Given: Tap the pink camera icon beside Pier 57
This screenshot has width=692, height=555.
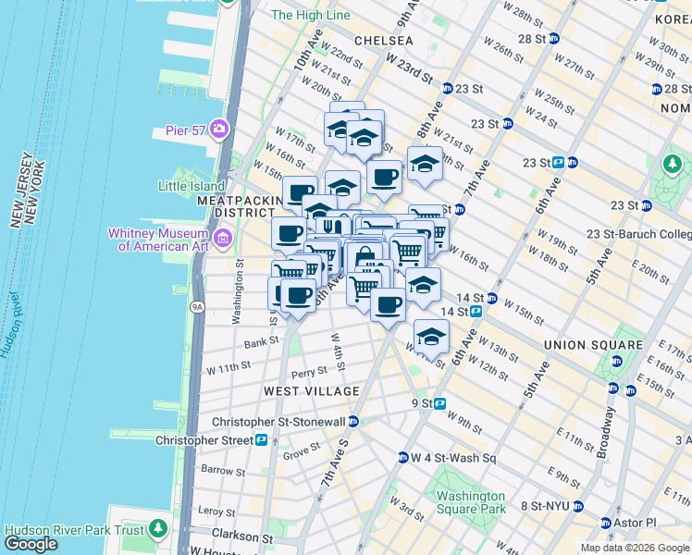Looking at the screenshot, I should (219, 128).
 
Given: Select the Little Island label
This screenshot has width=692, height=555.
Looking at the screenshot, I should (192, 186).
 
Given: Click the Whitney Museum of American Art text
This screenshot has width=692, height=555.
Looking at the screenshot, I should (160, 240).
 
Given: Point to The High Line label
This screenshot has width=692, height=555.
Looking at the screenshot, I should (311, 15).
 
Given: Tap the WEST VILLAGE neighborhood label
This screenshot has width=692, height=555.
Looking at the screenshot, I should (311, 391).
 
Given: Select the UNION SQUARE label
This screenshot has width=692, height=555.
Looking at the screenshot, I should (592, 345).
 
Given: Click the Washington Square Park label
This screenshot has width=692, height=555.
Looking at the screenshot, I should (472, 502).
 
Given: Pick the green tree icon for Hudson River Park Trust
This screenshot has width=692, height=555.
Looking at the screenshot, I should (158, 529).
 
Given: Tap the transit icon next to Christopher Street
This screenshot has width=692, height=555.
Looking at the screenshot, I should (263, 440).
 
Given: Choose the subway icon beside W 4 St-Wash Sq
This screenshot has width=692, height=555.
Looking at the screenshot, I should (403, 458).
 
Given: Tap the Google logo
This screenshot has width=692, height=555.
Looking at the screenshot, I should (31, 544).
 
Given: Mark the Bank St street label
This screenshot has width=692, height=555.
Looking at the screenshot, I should (255, 343).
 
